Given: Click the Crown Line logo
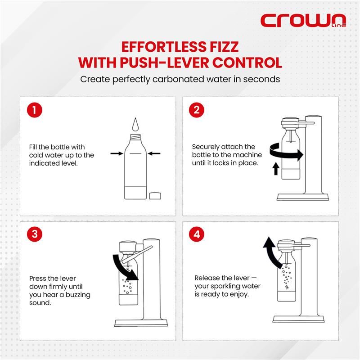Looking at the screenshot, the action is (x=303, y=20).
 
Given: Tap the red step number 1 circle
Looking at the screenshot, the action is (x=35, y=110).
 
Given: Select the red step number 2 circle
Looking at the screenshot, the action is (x=197, y=110).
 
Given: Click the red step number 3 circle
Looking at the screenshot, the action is (x=35, y=234).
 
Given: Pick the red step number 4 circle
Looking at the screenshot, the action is (x=197, y=234).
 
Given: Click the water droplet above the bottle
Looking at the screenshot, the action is (x=135, y=125).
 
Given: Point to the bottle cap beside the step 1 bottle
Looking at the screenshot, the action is (x=155, y=196).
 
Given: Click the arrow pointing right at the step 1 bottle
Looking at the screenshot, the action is (x=117, y=153).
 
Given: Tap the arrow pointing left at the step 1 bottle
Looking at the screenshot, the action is (x=154, y=153).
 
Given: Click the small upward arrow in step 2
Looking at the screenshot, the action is (x=276, y=169).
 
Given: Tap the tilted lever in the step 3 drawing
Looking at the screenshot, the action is (x=137, y=254).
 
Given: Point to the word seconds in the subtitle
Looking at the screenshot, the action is (x=261, y=79).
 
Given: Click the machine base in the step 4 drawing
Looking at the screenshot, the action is (x=298, y=319).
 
